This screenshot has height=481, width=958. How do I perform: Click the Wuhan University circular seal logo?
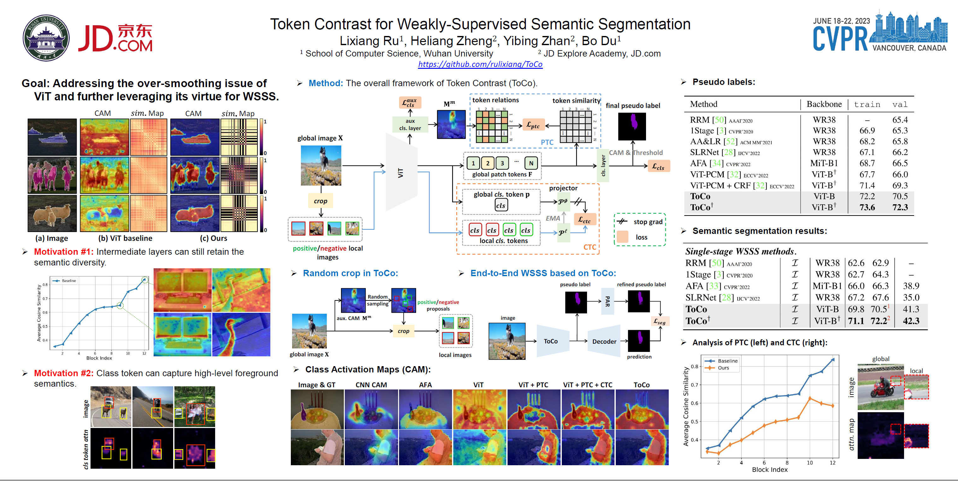click(46, 38)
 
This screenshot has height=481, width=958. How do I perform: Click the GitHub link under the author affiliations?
click(480, 64)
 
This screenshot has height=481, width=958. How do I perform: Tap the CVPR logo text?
click(840, 39)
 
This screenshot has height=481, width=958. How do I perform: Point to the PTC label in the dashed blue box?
click(547, 142)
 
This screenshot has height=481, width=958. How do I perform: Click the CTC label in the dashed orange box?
click(590, 247)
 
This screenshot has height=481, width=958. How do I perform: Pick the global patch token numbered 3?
click(502, 163)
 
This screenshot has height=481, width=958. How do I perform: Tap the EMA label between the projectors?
click(553, 218)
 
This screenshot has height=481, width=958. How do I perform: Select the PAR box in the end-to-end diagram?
click(607, 301)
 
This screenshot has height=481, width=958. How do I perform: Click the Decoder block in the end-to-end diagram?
click(604, 341)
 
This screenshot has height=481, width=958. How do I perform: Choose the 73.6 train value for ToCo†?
click(867, 208)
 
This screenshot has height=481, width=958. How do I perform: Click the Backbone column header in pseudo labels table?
click(824, 104)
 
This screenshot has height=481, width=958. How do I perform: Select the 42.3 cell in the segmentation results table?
click(911, 321)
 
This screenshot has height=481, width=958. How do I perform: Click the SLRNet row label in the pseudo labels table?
click(704, 152)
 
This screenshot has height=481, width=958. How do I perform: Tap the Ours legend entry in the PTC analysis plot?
click(723, 368)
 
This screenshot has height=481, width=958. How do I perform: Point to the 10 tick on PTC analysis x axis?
click(810, 463)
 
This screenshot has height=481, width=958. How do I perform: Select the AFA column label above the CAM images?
click(426, 385)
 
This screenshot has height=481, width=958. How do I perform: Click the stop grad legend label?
click(648, 222)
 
